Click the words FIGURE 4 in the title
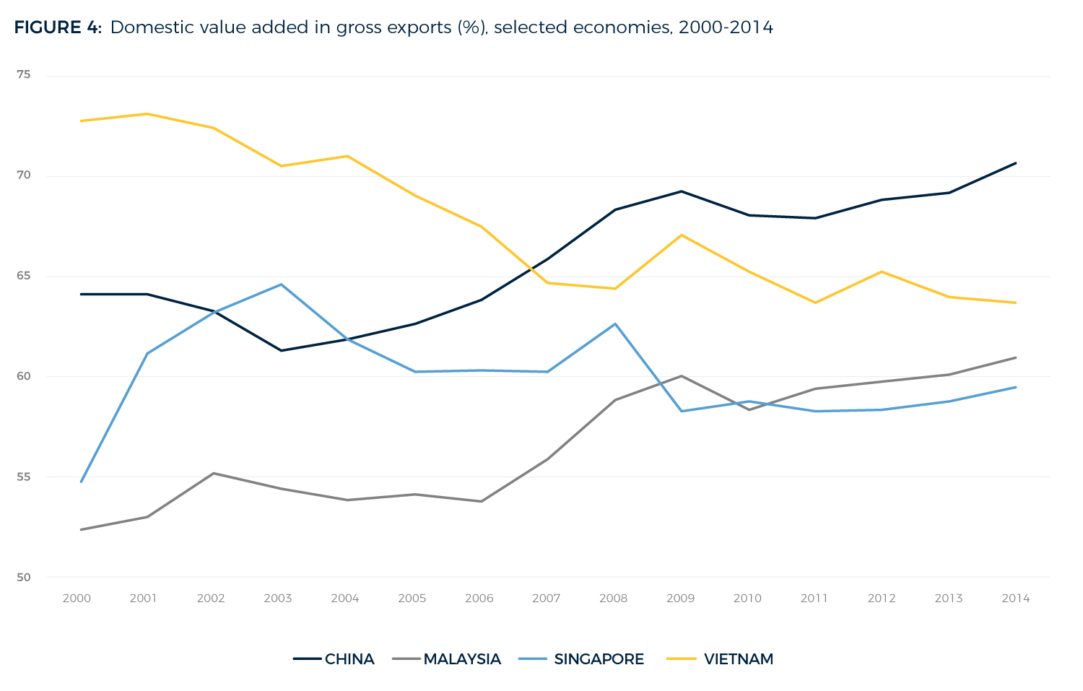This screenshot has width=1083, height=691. pos(58,27)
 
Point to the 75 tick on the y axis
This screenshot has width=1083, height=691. pos(23,74)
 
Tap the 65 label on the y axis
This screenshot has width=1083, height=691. pos(23,276)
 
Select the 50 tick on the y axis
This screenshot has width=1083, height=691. pos(23,578)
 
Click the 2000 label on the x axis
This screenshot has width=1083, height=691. pos(77,599)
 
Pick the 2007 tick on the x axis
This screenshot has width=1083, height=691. pos(546,599)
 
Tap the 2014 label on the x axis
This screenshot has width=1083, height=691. pos(1015,599)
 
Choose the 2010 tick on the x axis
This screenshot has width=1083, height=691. pos(747,599)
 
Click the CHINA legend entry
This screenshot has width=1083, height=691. pos(349,659)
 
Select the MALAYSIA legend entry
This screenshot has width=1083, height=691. pos(462,659)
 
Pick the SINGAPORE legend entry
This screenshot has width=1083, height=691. pos(599,659)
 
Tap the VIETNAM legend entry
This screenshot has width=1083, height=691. pos(738,659)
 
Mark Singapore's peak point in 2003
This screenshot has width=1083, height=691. pos(281,284)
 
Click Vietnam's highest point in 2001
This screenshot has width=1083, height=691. pos(147,113)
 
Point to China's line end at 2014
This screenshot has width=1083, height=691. pos(1016,163)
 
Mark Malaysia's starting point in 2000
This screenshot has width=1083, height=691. pos(81,529)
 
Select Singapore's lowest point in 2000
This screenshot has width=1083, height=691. pos(81,482)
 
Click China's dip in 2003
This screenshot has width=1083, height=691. pos(281,350)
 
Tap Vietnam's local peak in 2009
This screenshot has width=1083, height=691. pos(682,235)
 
